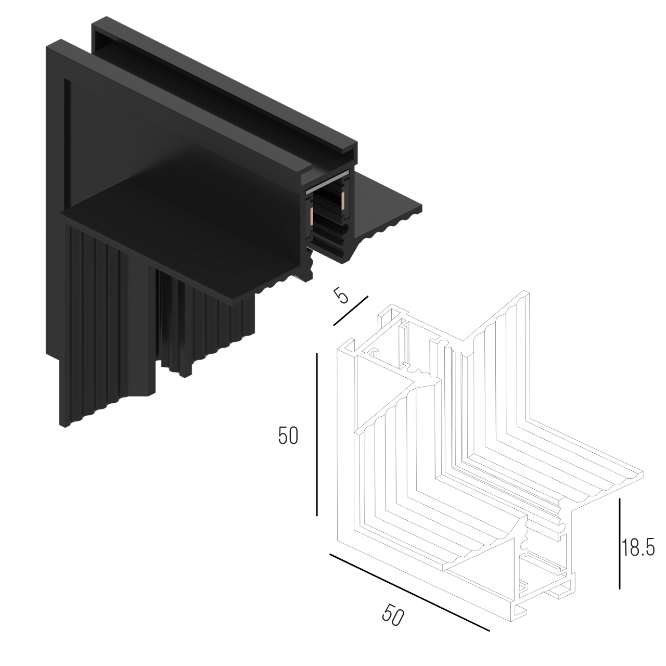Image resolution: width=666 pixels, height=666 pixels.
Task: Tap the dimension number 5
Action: tap(341, 296)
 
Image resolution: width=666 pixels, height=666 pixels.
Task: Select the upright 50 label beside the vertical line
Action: tap(288, 436)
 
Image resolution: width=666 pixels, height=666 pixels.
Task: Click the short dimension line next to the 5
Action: tap(351, 311)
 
